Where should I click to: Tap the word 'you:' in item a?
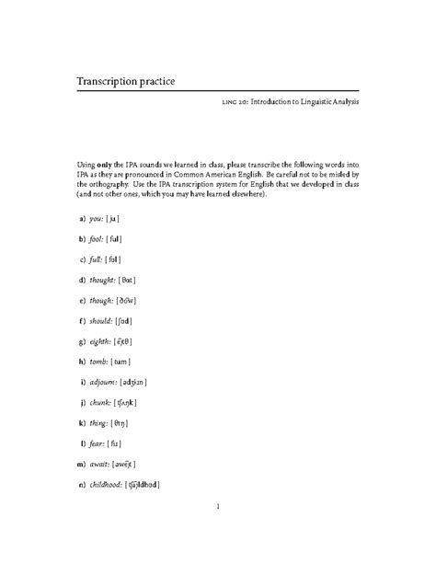tap(97, 219)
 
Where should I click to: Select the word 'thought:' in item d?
tap(103, 280)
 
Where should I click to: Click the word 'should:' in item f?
tap(101, 320)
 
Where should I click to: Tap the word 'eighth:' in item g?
tap(101, 340)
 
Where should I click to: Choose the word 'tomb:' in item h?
tap(99, 361)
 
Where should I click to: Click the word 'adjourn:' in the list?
tap(104, 381)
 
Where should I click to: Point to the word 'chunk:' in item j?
tap(100, 402)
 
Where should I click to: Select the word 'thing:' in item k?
tap(98, 422)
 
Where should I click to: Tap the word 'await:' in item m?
tap(99, 463)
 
